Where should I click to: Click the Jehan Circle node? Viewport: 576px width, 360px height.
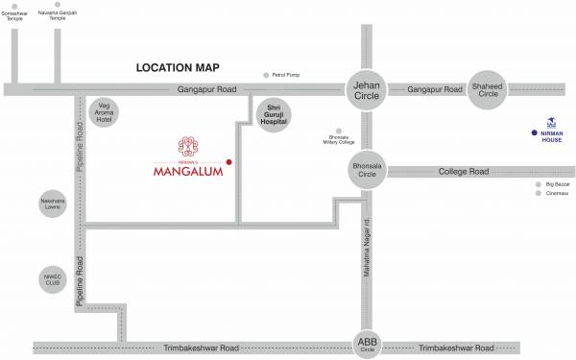[x=365, y=89]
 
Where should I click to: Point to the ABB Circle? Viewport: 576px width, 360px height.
[x=368, y=343]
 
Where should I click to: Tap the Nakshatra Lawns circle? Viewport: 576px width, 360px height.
[x=52, y=204]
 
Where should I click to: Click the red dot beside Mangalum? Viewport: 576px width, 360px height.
[x=228, y=161]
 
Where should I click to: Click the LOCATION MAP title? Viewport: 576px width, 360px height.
[x=179, y=68]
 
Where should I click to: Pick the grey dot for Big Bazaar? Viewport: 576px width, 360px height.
[x=539, y=182]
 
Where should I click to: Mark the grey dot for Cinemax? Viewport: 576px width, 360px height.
[x=539, y=193]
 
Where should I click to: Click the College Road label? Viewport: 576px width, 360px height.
[x=464, y=172]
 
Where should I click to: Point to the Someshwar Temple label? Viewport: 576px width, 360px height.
[x=14, y=16]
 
